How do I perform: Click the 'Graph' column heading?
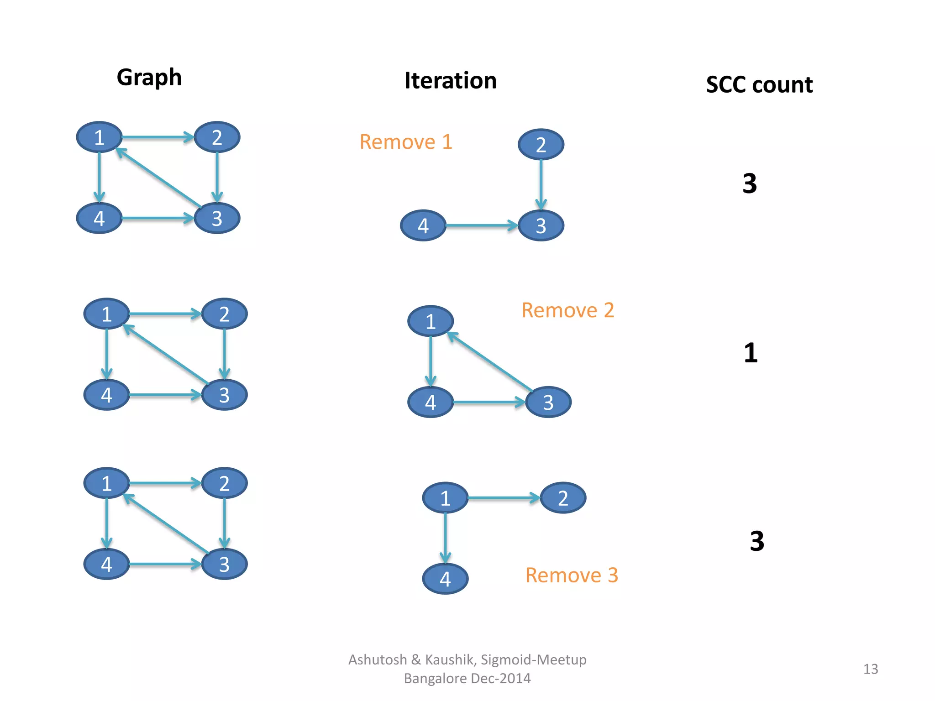[149, 78]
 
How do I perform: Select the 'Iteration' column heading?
[450, 81]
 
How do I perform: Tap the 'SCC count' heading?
[759, 85]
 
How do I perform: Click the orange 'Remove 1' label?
[405, 142]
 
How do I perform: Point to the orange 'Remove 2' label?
[567, 310]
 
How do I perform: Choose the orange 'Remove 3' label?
[571, 575]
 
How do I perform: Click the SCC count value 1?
[750, 353]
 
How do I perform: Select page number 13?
[870, 669]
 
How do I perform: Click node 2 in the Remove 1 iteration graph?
[541, 145]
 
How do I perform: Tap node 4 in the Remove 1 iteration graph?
[423, 225]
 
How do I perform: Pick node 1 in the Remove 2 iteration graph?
[430, 321]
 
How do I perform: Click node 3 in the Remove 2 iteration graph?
[548, 402]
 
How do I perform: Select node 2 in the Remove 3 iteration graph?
[562, 498]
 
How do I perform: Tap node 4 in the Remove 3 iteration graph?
[445, 579]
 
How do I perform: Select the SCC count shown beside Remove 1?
[749, 183]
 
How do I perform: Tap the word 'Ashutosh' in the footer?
[377, 660]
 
